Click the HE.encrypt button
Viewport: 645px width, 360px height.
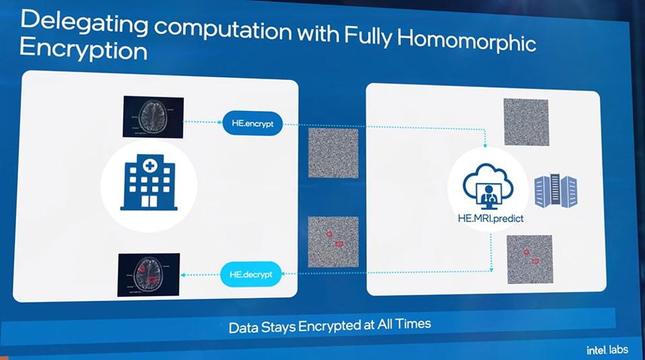pos(252,124)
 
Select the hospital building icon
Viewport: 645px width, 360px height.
pos(149,182)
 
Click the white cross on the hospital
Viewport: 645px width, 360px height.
pos(149,164)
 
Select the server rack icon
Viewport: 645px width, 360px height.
pos(555,190)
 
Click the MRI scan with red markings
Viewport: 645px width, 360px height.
pos(148,275)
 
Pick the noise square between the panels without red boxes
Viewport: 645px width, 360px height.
pos(333,153)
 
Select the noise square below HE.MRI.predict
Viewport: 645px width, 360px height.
pos(529,259)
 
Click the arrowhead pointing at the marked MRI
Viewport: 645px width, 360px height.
pos(184,274)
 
